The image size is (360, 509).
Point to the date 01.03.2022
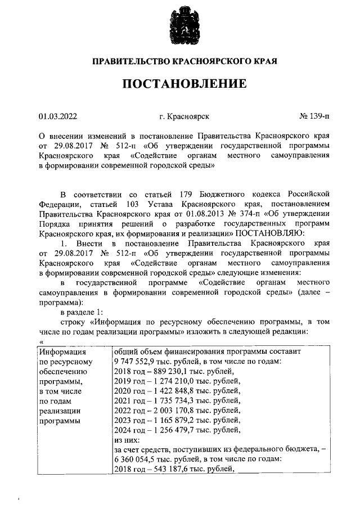[x=58, y=117]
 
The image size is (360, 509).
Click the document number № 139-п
[x=315, y=117]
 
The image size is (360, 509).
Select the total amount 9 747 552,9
[x=137, y=361]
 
